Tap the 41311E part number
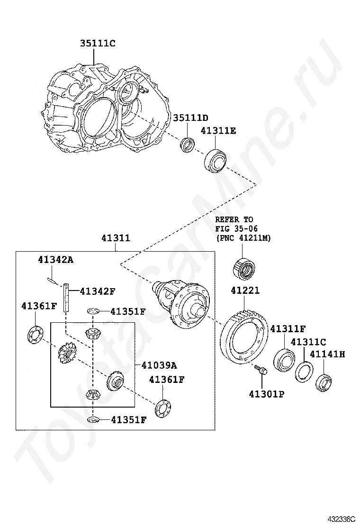coord(218,130)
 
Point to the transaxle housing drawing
coord(104,109)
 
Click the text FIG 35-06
coord(236,228)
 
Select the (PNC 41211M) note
coord(243,238)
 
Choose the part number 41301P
coord(266,393)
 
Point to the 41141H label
coord(327,354)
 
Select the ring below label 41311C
coord(304,371)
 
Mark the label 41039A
coord(159,365)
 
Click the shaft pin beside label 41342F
coord(67,297)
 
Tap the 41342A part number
coord(56,259)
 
